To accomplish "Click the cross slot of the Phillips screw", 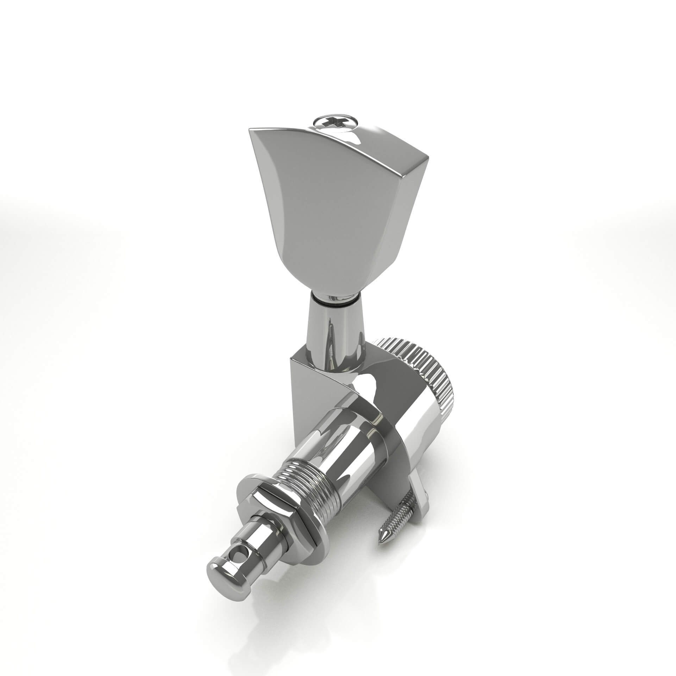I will tap(333, 122).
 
